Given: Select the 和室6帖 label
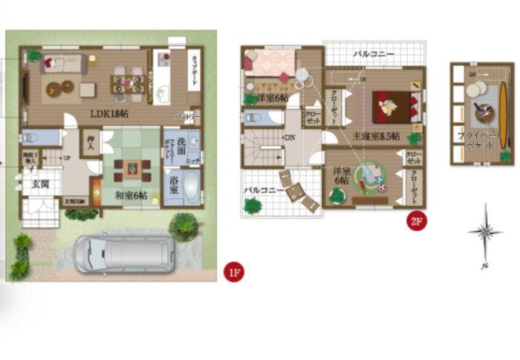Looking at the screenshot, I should (x=131, y=195).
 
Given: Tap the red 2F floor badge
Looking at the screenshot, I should (x=417, y=221).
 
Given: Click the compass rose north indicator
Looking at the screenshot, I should (x=484, y=233).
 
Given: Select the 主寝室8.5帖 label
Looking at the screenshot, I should (x=376, y=137).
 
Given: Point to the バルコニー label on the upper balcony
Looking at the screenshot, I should (x=372, y=54).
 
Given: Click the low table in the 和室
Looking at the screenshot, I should (x=131, y=168).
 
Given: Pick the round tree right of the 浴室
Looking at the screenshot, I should (x=183, y=227).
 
